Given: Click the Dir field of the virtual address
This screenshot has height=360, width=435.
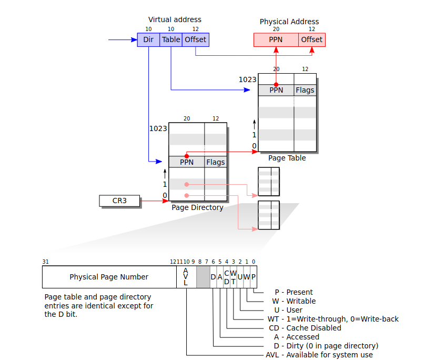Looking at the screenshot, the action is point(148,39).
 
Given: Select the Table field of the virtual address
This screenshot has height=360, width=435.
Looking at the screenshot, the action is point(171,39).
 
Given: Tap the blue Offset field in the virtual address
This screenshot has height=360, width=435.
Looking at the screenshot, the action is point(196,39).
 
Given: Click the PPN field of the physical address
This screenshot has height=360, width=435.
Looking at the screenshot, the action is point(276,39).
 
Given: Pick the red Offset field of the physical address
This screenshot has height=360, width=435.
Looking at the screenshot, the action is point(312,39).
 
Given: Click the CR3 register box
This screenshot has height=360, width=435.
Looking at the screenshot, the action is point(119,201).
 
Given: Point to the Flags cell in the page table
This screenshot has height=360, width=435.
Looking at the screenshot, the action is point(305,90).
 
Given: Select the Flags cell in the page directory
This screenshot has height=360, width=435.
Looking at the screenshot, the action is point(216,162).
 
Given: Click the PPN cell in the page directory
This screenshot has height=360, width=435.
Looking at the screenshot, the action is point(187,162).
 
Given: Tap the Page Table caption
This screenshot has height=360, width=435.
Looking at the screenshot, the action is point(287,158).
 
